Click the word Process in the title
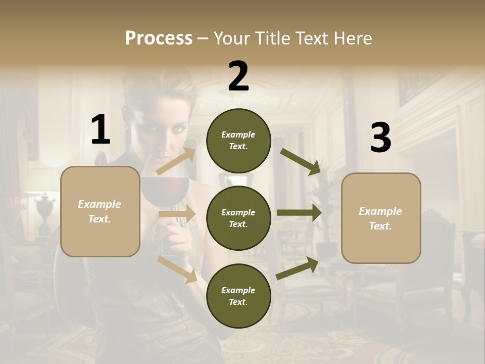tap(159, 38)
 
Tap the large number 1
tap(101, 130)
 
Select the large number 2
tap(238, 76)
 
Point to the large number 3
tap(380, 138)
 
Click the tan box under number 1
tap(100, 211)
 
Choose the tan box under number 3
tap(381, 218)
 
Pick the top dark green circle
tap(238, 141)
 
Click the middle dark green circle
tap(238, 218)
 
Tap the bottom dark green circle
tap(238, 296)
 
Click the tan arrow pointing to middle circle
tap(177, 214)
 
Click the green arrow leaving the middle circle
tap(299, 213)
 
